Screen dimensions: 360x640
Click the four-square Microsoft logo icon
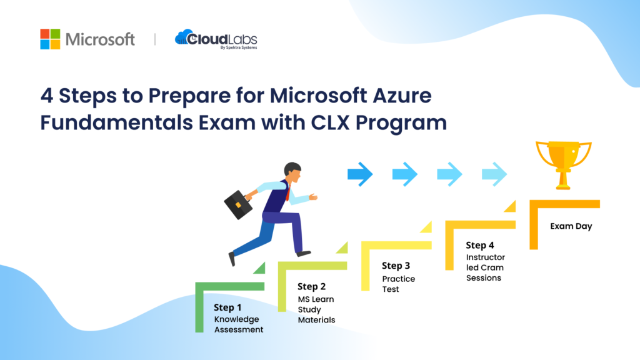pyautogui.click(x=50, y=39)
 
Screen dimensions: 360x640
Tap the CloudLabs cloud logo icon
pyautogui.click(x=185, y=37)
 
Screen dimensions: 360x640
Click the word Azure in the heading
pyautogui.click(x=393, y=96)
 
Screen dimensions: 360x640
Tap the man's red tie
pyautogui.click(x=287, y=191)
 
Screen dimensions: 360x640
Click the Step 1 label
pyautogui.click(x=227, y=307)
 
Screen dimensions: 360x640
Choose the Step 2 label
pyautogui.click(x=311, y=287)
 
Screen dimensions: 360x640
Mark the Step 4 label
pyautogui.click(x=480, y=246)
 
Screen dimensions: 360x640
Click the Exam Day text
pyautogui.click(x=571, y=226)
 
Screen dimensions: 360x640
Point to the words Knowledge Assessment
pyautogui.click(x=239, y=324)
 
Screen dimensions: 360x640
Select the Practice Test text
pyautogui.click(x=399, y=284)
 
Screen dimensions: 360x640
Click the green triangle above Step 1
pyautogui.click(x=258, y=268)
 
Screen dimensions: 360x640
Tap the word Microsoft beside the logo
pyautogui.click(x=100, y=39)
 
